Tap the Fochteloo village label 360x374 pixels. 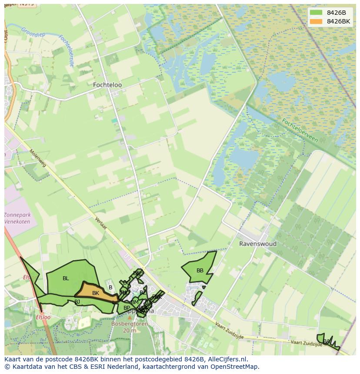(x=107, y=85)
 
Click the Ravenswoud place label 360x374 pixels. (x=257, y=244)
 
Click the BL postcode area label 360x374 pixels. (x=66, y=278)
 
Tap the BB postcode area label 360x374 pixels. (x=200, y=271)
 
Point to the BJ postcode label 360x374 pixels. (x=77, y=301)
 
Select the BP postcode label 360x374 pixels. (x=127, y=308)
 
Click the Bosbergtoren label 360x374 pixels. (x=129, y=324)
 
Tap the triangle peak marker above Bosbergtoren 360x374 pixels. (x=130, y=318)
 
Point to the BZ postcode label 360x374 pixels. (x=143, y=293)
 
